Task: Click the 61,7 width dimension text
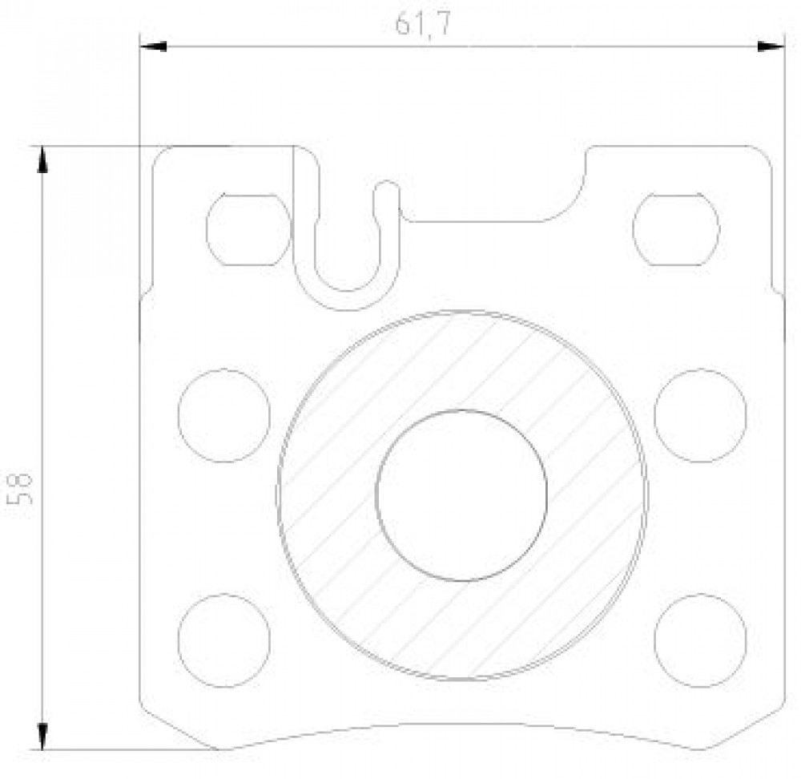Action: point(423,24)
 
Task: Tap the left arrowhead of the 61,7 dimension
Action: point(153,46)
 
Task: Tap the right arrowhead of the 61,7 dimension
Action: point(771,46)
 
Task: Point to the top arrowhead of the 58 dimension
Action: point(42,159)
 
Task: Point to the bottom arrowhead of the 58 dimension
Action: point(42,737)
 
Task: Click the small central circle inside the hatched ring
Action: point(461,495)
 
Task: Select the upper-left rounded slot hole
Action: point(249,229)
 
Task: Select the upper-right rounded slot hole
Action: point(676,229)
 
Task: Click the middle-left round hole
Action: point(224,416)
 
